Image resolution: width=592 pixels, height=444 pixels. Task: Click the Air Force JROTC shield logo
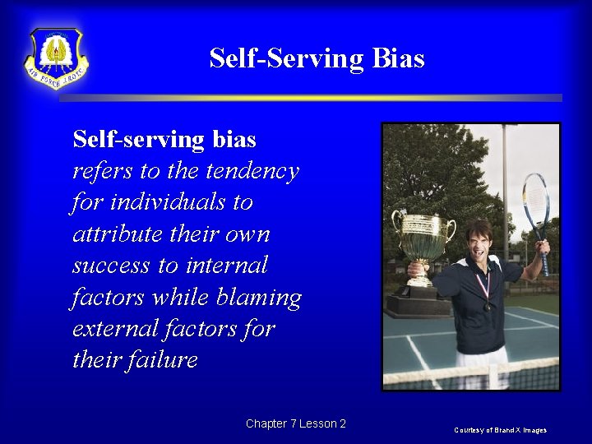tap(56, 58)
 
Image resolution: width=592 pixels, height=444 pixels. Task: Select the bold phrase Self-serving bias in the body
tap(164, 139)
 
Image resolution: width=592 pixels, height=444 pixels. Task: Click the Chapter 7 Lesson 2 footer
tap(295, 423)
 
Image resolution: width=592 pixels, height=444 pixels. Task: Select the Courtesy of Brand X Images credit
tap(501, 430)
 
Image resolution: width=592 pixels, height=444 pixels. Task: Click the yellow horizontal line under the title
tap(310, 98)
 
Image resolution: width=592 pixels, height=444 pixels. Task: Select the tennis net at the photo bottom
tap(471, 375)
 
